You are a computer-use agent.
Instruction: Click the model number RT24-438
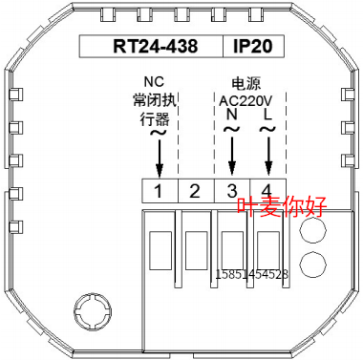[156, 46]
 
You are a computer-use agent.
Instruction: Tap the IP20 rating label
[253, 46]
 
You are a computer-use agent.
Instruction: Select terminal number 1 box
[160, 191]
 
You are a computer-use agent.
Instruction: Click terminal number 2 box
[196, 191]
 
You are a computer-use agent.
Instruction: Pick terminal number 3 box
[232, 191]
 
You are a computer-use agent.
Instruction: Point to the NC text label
[154, 81]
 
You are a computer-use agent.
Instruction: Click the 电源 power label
[246, 83]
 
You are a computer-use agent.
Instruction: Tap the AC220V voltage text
[246, 101]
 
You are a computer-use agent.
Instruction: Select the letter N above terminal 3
[232, 115]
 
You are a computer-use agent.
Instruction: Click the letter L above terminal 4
[268, 115]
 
